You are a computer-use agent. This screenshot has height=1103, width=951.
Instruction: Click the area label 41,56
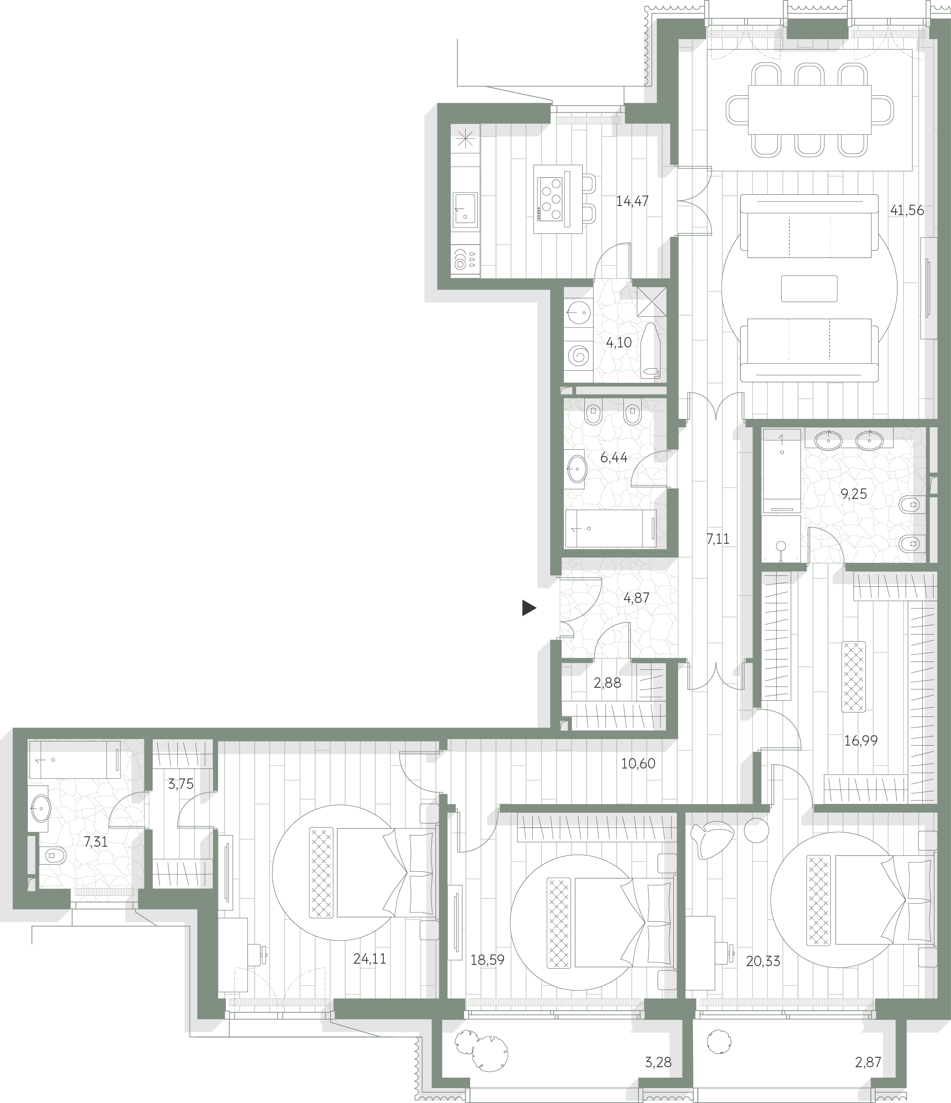click(x=907, y=210)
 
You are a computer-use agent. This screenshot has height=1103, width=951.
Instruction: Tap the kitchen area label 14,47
click(x=632, y=201)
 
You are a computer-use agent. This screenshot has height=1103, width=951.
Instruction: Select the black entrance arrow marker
click(x=529, y=607)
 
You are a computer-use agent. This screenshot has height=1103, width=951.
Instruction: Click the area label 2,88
click(x=607, y=683)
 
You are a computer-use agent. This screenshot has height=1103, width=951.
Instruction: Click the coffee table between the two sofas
click(x=809, y=288)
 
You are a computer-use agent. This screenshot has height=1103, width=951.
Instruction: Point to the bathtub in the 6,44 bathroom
click(x=610, y=528)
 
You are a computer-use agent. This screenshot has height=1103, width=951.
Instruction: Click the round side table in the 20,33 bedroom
click(x=756, y=830)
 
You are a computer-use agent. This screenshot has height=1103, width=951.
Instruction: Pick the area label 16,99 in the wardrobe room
click(x=861, y=741)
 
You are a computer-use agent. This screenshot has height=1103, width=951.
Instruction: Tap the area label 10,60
click(x=638, y=764)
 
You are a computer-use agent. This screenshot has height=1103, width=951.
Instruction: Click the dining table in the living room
click(x=809, y=110)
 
